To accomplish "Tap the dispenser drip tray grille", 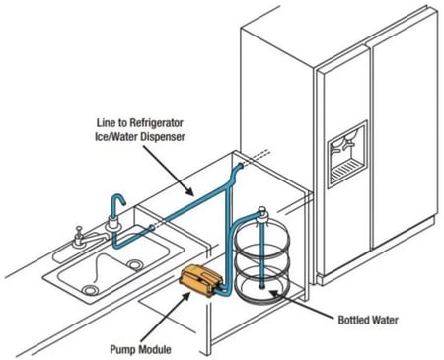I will (x=347, y=171).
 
